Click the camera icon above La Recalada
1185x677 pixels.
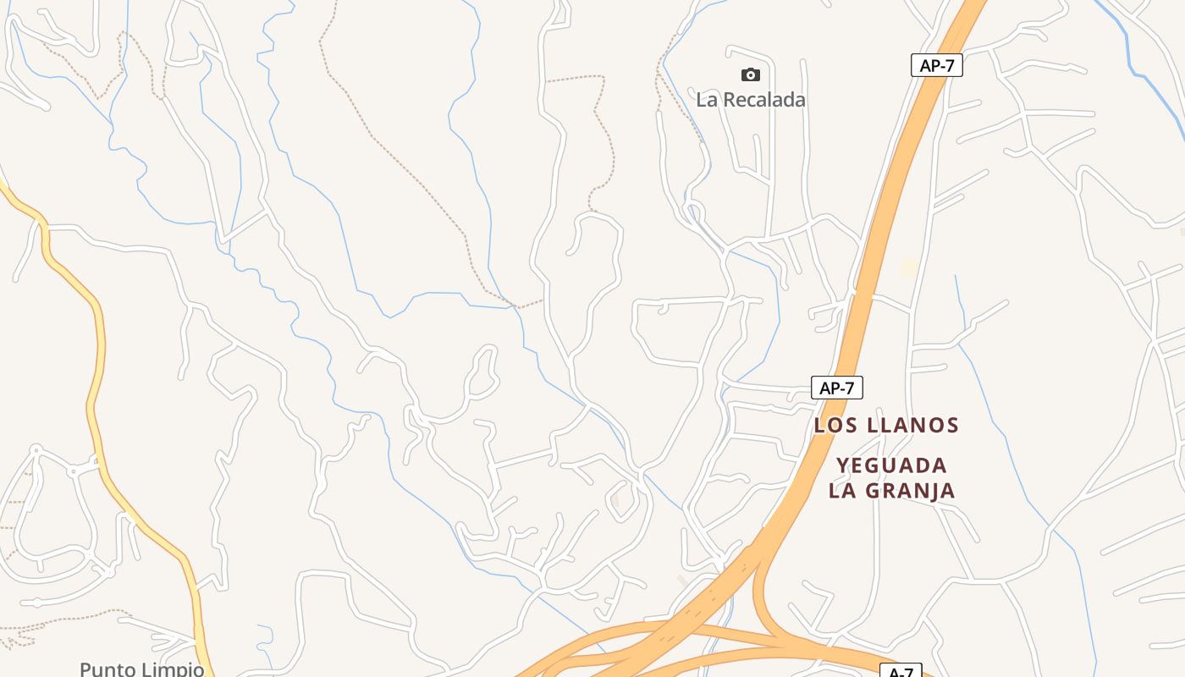(750, 75)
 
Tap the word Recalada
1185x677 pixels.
(763, 100)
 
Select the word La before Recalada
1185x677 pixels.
(707, 100)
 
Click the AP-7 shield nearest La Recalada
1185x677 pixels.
(936, 65)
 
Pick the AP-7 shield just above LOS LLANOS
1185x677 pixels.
(836, 388)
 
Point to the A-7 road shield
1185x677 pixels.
(901, 672)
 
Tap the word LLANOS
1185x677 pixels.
(914, 425)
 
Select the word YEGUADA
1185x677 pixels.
(891, 465)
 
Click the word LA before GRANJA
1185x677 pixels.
(842, 490)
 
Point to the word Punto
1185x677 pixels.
(107, 669)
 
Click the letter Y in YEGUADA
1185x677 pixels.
(843, 465)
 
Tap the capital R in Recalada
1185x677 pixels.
(733, 100)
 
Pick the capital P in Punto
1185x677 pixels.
(85, 669)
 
